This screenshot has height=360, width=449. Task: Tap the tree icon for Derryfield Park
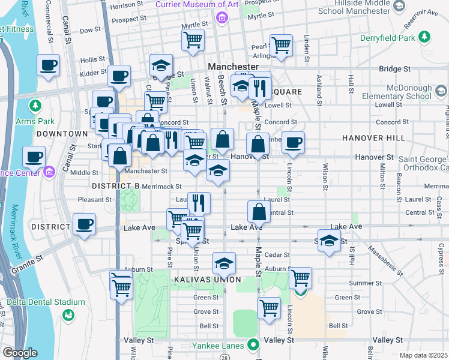click(x=425, y=38)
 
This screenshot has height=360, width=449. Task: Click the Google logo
click(x=20, y=353)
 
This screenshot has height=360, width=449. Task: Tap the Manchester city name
click(x=233, y=66)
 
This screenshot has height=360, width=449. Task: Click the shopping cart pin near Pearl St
click(x=280, y=44)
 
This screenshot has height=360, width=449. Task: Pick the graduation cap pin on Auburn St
click(x=224, y=263)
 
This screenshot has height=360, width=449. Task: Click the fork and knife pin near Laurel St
click(x=199, y=203)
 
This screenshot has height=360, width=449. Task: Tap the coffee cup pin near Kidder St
click(x=119, y=76)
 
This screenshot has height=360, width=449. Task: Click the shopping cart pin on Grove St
click(x=269, y=308)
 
